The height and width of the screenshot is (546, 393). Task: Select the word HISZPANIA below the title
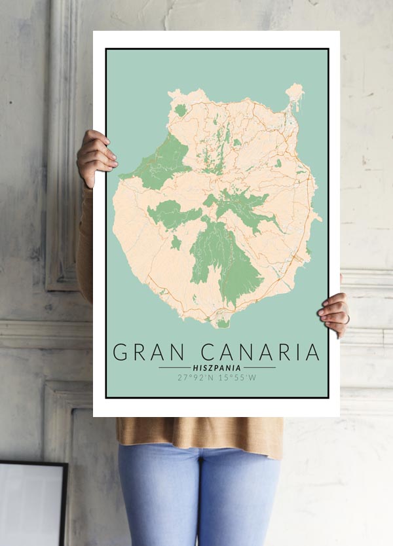[x=217, y=367]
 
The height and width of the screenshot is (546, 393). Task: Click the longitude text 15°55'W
[x=238, y=377]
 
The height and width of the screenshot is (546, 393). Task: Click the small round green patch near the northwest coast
[x=180, y=110]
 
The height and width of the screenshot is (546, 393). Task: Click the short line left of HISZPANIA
[x=174, y=367]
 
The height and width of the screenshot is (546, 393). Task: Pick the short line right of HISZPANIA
[x=259, y=367]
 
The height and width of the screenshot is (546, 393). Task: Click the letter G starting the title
[x=121, y=352]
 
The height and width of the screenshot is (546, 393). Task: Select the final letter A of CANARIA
[x=312, y=352]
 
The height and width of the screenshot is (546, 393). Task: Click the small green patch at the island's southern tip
[x=223, y=323]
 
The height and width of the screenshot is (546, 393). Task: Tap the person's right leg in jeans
[x=157, y=498]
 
